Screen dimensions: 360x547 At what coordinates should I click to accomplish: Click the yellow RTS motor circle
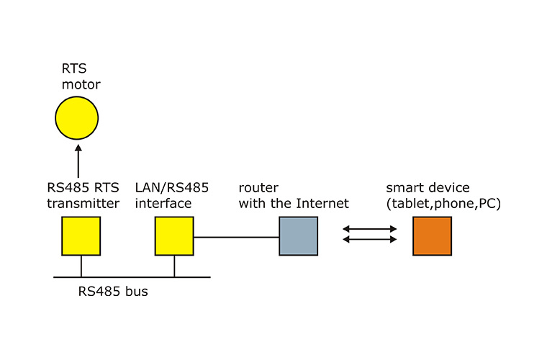point(77,118)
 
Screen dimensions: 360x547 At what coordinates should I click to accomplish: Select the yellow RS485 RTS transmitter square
point(80,237)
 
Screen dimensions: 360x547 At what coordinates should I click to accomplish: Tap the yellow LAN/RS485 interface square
point(174,237)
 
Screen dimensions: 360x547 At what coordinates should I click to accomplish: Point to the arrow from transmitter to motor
point(78,158)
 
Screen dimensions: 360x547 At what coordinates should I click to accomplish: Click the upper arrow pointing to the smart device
point(370,229)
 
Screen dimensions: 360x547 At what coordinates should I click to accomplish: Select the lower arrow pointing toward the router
point(370,240)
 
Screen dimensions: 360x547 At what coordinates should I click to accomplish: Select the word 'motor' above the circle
point(80,86)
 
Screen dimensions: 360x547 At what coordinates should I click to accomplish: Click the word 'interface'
point(163,204)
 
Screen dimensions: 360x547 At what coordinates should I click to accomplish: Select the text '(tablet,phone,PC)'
point(443,204)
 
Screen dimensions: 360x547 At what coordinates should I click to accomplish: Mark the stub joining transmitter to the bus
point(81,266)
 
